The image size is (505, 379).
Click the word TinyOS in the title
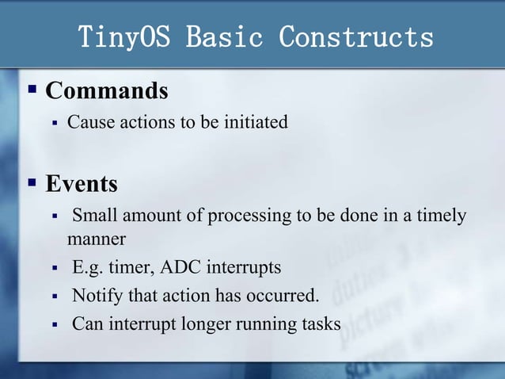tap(125, 37)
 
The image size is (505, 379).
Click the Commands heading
tap(107, 91)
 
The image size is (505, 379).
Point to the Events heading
tap(82, 184)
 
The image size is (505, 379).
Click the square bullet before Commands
tap(32, 89)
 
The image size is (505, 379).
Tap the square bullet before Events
tap(32, 182)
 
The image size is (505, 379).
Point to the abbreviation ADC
tap(181, 267)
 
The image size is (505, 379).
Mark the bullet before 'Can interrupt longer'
tap(55, 324)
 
